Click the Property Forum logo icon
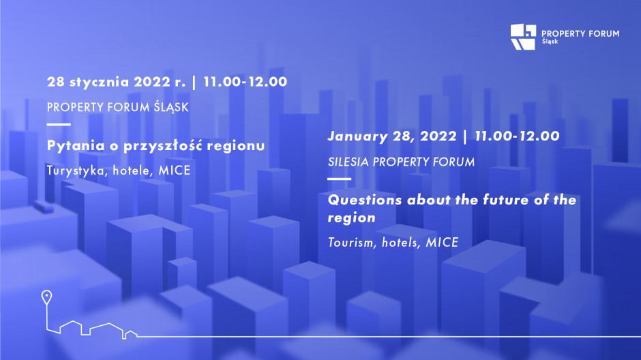523,37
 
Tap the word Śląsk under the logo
550,42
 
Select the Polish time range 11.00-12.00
245,82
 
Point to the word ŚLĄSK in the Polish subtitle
171,108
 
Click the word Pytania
76,146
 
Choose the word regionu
235,146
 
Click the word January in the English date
358,136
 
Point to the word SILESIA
348,162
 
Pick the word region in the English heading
352,217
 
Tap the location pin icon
46,297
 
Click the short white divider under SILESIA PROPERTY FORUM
340,179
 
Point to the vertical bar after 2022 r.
194,82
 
